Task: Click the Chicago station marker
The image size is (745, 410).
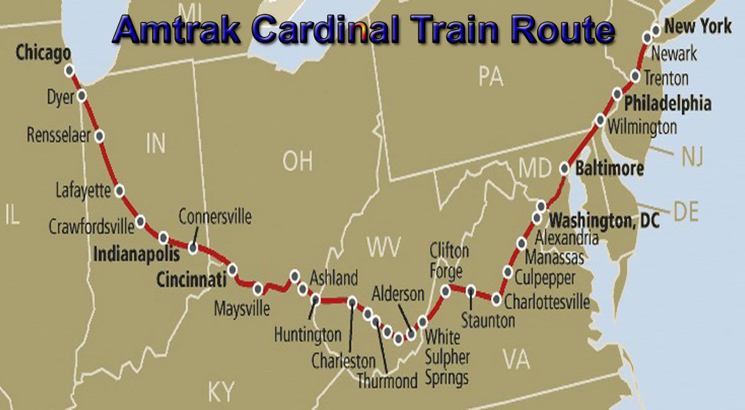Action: (70, 70)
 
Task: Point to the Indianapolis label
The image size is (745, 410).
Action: (136, 254)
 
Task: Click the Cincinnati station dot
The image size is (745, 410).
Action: (232, 270)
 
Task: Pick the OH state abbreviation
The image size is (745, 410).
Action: (297, 162)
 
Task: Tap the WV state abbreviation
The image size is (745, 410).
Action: (384, 247)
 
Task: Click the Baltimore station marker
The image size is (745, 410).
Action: (564, 168)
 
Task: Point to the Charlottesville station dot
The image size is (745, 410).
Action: (497, 299)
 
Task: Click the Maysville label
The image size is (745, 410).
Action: (242, 307)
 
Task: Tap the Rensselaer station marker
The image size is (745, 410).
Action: (99, 136)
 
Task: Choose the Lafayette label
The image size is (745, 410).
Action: (83, 189)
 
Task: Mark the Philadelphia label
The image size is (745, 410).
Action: (667, 102)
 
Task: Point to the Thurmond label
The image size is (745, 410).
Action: (387, 380)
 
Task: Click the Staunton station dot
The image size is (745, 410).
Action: (471, 290)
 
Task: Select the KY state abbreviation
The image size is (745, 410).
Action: (222, 392)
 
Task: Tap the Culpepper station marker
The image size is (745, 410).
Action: (508, 271)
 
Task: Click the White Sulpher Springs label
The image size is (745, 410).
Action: (446, 357)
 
